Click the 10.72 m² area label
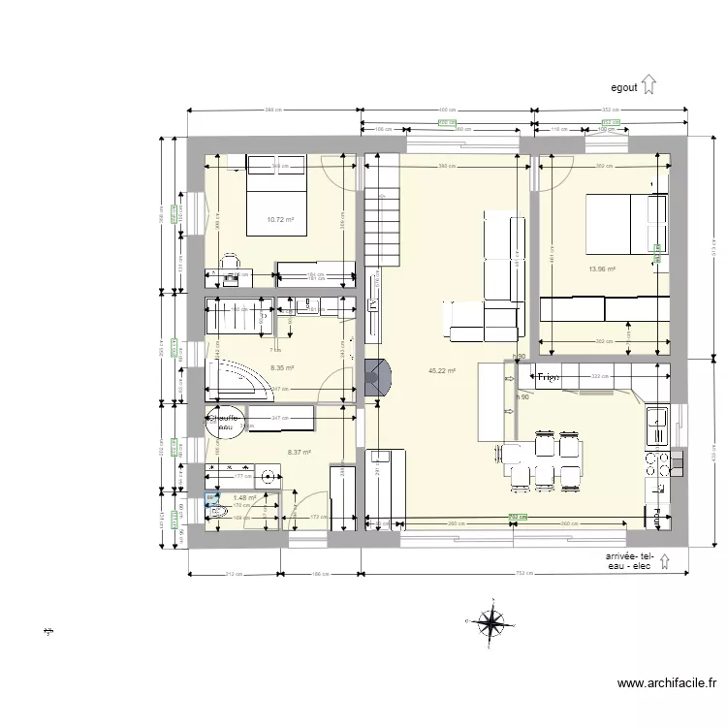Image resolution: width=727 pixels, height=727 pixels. click(x=280, y=219)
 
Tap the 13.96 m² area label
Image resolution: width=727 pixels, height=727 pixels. click(x=602, y=269)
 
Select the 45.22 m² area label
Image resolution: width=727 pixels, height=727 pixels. click(x=442, y=370)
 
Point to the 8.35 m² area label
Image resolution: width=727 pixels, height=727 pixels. click(x=282, y=367)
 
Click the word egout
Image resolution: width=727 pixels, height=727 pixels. click(x=623, y=87)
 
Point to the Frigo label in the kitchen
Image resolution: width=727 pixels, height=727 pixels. click(x=549, y=377)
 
